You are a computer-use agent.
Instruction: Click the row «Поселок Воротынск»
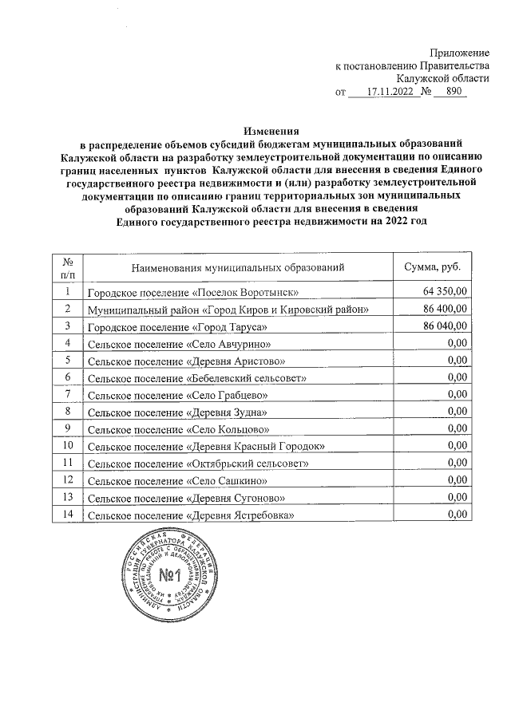192,294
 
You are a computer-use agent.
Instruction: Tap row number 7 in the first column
69,394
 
